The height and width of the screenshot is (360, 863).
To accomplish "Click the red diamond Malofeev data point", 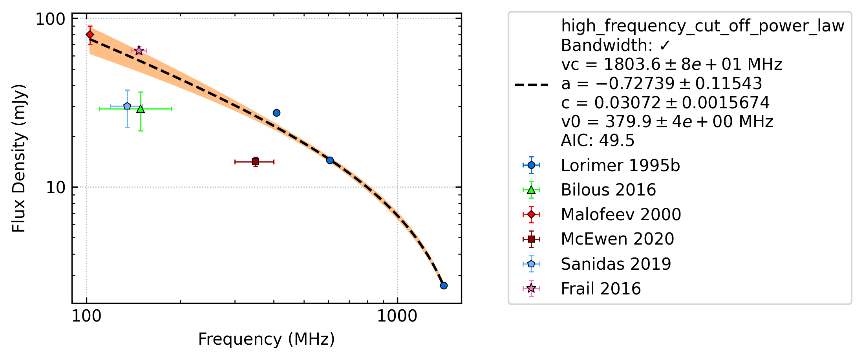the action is [90, 35].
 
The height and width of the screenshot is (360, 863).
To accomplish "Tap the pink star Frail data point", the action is [139, 51].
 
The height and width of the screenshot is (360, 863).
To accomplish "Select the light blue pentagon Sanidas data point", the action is [127, 106].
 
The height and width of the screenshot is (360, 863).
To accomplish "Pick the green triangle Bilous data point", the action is [141, 109].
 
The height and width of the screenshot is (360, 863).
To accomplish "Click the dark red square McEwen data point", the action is [256, 162].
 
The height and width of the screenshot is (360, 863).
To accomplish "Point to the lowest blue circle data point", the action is [444, 285].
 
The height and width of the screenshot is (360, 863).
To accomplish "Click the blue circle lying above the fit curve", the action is [276, 113].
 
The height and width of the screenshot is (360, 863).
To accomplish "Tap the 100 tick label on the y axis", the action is [50, 19].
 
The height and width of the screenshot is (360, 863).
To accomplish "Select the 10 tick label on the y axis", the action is [55, 187].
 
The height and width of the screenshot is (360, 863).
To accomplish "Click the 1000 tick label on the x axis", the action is [397, 316].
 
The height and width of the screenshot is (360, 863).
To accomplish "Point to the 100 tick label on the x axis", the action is [86, 316].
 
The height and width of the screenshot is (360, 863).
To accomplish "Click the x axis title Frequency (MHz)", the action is [266, 339].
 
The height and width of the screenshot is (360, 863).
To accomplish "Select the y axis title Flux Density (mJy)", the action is [18, 158].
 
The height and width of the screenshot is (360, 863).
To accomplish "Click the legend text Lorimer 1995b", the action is [620, 166].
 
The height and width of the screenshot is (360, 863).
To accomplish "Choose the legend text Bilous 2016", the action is [609, 190].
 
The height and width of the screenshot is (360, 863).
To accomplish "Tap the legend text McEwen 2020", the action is [618, 239].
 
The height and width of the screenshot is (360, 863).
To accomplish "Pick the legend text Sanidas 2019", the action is [616, 264].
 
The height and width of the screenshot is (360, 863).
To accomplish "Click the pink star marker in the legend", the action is [531, 289].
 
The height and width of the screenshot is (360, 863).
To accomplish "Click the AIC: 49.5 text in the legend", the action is [598, 141].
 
